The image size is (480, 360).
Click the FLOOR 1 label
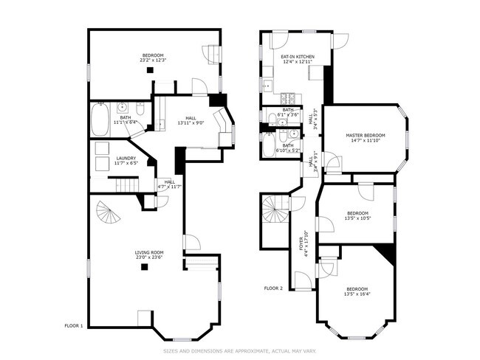pos(75,325)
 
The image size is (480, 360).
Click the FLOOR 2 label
pos(274,288)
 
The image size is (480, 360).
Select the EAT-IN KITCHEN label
pos(298,57)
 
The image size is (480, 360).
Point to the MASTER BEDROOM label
pos(366,135)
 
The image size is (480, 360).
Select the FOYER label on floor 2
pos(300,243)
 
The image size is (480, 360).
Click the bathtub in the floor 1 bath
pos(100,120)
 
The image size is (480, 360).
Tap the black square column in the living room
pos(144,267)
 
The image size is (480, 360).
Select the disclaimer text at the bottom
pos(239,350)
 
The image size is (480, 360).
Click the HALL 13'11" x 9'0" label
pos(190,120)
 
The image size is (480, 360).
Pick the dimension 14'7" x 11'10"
pos(366,141)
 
